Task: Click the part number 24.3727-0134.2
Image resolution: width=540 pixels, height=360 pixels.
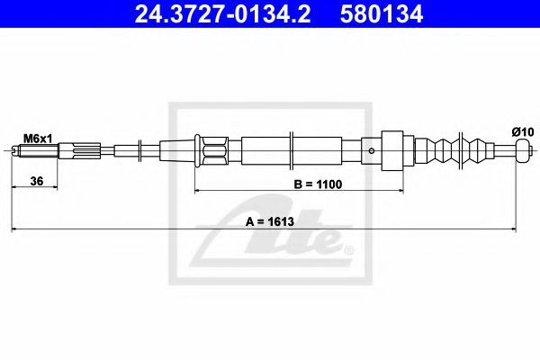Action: (x=222, y=13)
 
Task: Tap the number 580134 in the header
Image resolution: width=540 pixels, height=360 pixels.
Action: (x=382, y=13)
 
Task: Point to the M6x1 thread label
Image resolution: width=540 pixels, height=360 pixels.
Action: (x=38, y=139)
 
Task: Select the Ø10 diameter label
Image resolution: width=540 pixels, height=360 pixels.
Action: (x=522, y=132)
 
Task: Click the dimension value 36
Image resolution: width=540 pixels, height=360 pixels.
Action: (x=37, y=181)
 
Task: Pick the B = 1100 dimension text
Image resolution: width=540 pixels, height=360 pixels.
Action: (x=318, y=184)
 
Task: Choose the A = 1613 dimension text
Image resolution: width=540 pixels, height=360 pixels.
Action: (x=270, y=222)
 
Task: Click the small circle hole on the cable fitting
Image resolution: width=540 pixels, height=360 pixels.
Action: (x=371, y=150)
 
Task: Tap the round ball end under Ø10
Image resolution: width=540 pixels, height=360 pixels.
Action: (x=522, y=150)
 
